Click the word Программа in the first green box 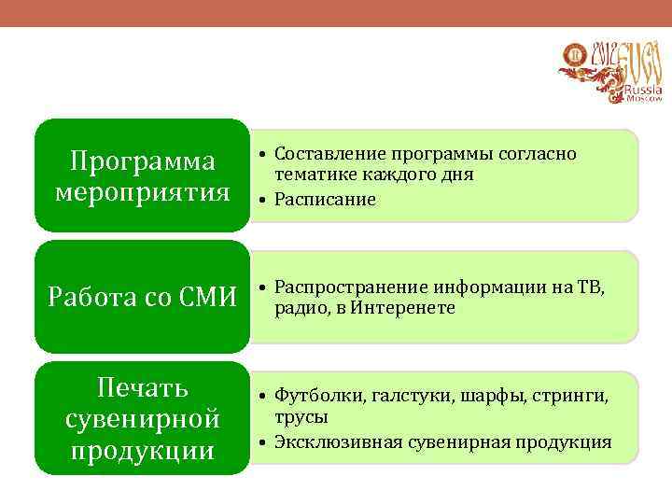(x=143, y=161)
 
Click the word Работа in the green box (x=89, y=299)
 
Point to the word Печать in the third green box (x=143, y=387)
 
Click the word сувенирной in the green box (x=143, y=418)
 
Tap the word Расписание (x=325, y=199)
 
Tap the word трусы (x=301, y=417)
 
